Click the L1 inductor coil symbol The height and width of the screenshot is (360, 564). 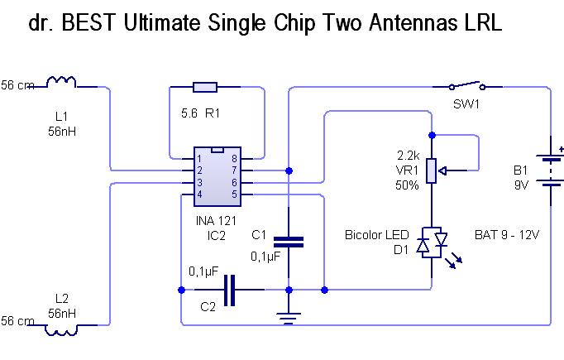click(x=61, y=82)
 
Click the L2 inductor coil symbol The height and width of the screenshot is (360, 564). click(x=61, y=329)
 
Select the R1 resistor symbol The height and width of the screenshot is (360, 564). click(x=205, y=87)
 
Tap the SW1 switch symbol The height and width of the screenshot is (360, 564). click(x=467, y=86)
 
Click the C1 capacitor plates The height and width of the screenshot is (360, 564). click(x=289, y=242)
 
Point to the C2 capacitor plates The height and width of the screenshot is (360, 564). click(x=229, y=290)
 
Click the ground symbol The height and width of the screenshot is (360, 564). click(x=289, y=319)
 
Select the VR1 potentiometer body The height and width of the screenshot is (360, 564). click(x=432, y=171)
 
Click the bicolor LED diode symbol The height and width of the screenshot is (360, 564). click(x=432, y=243)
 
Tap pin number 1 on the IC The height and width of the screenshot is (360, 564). click(x=199, y=158)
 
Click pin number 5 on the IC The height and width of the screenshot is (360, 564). click(x=235, y=194)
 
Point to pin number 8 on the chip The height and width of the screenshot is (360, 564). click(x=235, y=158)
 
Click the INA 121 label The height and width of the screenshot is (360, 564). click(x=216, y=221)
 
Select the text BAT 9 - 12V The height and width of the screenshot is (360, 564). click(x=507, y=235)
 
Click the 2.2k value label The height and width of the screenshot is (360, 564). click(x=409, y=156)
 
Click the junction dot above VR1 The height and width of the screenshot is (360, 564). click(x=432, y=136)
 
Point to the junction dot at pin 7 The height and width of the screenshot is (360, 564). click(x=289, y=170)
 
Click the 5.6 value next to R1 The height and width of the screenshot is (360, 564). click(x=189, y=113)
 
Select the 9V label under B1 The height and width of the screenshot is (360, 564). click(x=521, y=185)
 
